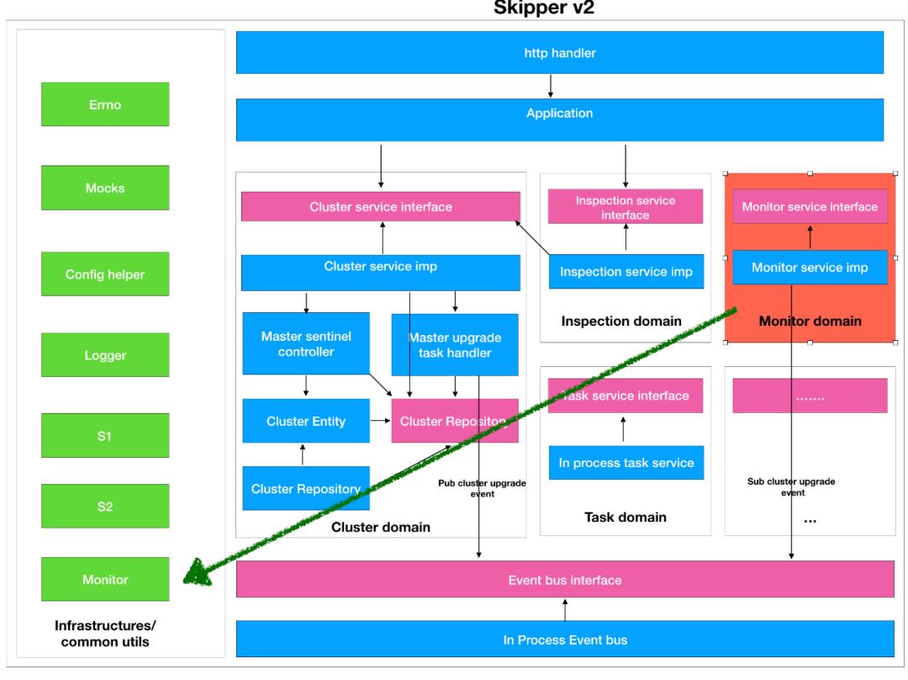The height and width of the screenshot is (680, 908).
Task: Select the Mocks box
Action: coord(106,188)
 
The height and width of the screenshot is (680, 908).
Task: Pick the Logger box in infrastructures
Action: coord(106,354)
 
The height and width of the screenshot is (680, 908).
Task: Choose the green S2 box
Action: coord(106,505)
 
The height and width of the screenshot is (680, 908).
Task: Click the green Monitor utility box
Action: coord(106,579)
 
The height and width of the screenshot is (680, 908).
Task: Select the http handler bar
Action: coord(560,54)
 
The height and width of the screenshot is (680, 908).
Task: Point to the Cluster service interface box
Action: coord(380,207)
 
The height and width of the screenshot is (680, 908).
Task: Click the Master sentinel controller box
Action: coord(306,343)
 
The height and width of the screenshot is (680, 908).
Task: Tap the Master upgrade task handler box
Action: coord(454,343)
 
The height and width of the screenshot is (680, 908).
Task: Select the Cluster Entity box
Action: coord(306,421)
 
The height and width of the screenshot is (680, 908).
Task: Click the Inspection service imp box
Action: coord(626,271)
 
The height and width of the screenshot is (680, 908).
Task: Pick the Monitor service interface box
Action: coord(810,205)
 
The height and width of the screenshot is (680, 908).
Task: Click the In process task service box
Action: coord(626,463)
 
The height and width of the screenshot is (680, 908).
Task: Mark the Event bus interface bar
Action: coord(565,579)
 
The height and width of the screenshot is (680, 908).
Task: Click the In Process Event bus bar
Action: coord(565,639)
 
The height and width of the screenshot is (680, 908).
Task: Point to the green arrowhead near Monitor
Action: coord(197,572)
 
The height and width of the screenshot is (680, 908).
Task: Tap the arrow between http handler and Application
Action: coord(550,86)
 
